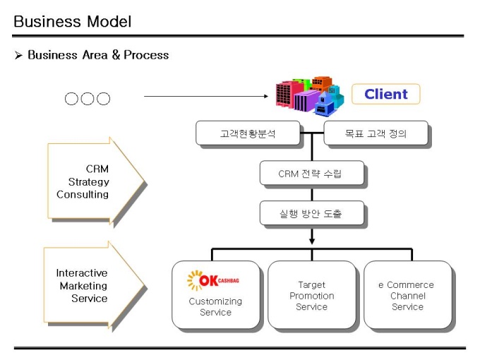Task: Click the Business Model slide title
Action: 72,21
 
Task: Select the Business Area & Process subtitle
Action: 98,55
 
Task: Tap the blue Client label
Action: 386,94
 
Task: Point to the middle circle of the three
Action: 88,99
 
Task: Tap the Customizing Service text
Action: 215,306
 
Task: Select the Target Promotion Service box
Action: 311,296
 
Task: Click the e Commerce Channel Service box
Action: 407,296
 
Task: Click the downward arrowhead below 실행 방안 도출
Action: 311,241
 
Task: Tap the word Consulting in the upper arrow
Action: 83,194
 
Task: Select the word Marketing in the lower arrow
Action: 83,286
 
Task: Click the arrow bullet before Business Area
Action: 19,55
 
